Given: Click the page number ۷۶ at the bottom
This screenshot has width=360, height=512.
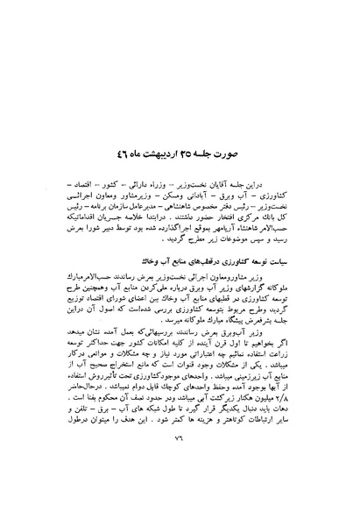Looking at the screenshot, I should [x=180, y=478].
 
